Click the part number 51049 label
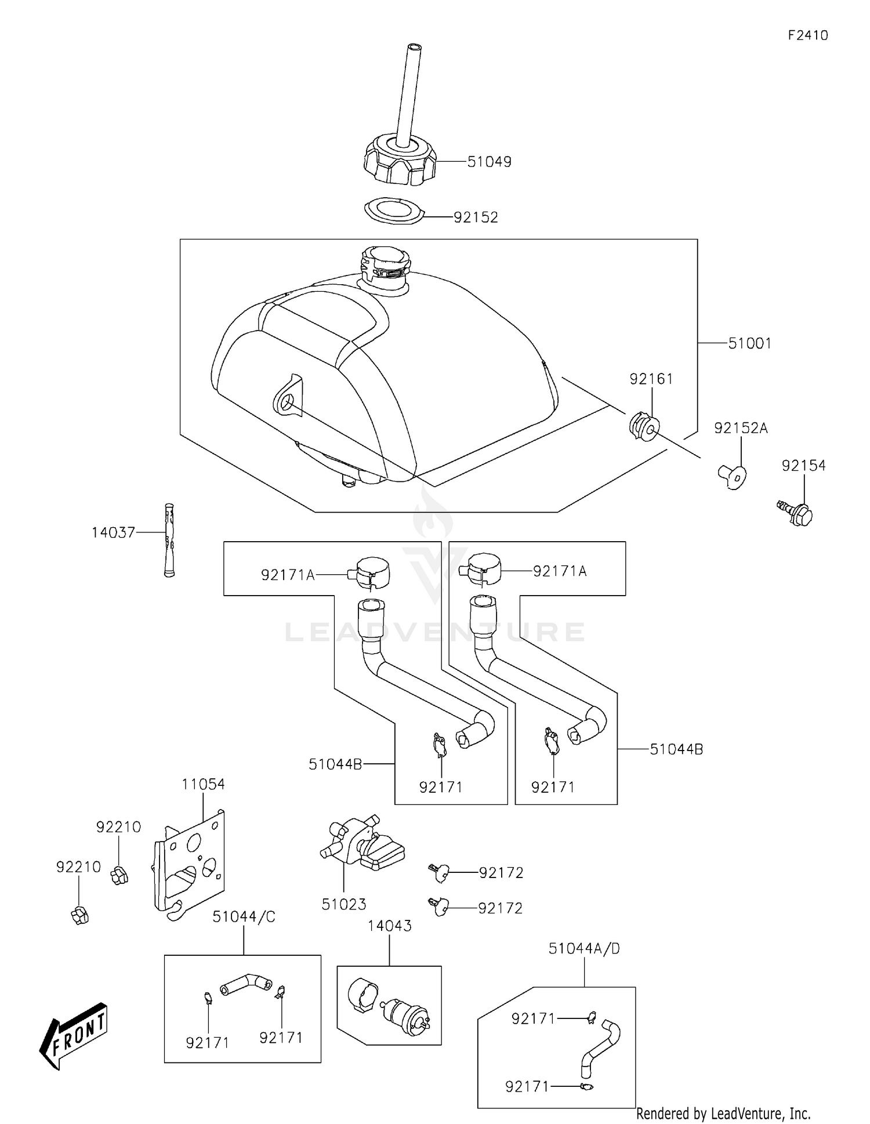[489, 162]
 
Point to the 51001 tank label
[749, 343]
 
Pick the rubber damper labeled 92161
[643, 427]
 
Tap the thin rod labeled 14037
[169, 540]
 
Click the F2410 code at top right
[807, 35]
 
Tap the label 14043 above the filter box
[389, 926]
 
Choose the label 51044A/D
[584, 949]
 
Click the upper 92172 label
[501, 873]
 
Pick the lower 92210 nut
[79, 915]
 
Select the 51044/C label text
[244, 917]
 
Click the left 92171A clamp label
[288, 575]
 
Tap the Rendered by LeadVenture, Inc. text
[723, 1114]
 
